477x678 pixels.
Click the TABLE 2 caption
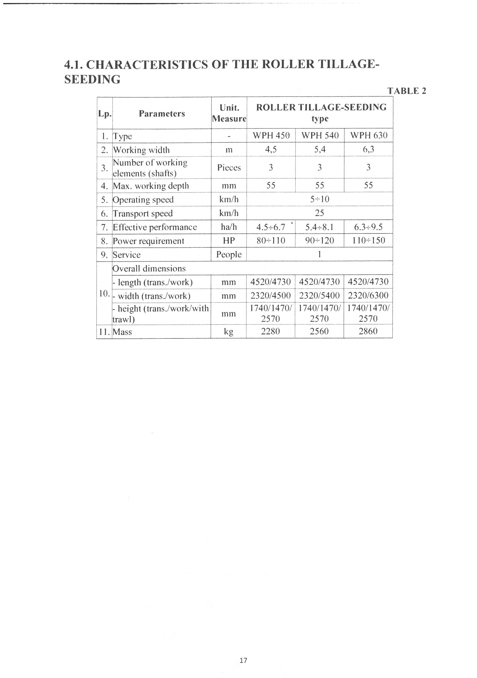point(407,91)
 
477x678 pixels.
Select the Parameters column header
point(162,114)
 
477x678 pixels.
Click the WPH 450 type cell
point(271,136)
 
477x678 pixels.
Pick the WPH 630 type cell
point(368,136)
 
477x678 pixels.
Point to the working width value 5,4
point(320,150)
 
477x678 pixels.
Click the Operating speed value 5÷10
point(320,199)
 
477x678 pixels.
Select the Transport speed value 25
point(320,213)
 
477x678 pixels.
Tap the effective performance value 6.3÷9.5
point(368,227)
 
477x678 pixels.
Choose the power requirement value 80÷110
point(271,241)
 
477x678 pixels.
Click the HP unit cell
point(229,241)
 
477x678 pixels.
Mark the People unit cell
point(229,255)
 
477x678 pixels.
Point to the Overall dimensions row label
point(149,268)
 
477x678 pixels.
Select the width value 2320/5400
point(320,296)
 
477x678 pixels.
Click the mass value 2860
point(368,331)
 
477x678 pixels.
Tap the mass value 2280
point(271,331)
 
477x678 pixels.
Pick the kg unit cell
point(229,332)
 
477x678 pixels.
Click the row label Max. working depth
point(151,186)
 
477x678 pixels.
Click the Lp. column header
point(105,114)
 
